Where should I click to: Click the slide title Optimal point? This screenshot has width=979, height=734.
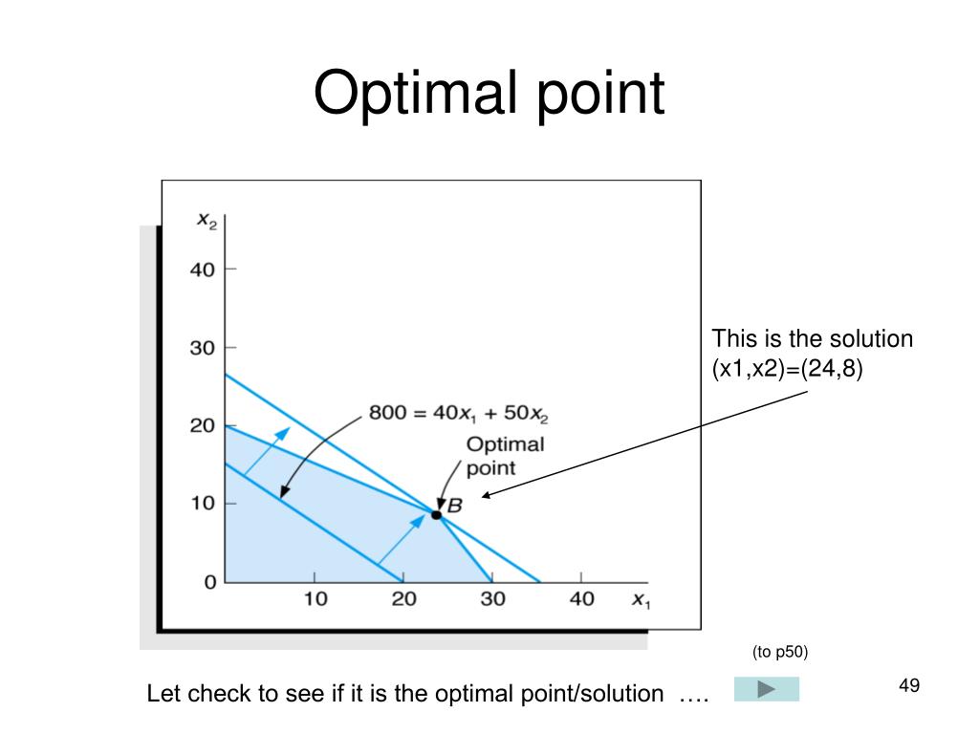click(x=489, y=95)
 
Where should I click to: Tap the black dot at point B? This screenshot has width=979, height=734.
click(x=436, y=514)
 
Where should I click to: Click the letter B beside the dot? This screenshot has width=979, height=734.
click(x=454, y=506)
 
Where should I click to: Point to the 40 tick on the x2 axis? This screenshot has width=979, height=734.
click(x=203, y=270)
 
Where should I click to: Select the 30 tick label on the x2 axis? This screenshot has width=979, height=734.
click(x=203, y=348)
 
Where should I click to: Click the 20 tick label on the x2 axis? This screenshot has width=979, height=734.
click(x=203, y=426)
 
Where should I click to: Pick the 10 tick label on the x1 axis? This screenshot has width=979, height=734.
click(x=315, y=599)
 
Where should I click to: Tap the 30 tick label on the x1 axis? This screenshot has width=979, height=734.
click(x=492, y=599)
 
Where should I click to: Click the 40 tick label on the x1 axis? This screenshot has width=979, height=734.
click(x=581, y=599)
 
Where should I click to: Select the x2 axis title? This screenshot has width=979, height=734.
click(x=207, y=220)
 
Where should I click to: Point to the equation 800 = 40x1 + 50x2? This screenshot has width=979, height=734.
click(x=459, y=416)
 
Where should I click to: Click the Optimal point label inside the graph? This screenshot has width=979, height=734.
click(x=504, y=456)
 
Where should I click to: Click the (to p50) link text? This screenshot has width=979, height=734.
click(x=780, y=653)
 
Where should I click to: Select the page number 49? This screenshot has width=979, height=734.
click(x=909, y=685)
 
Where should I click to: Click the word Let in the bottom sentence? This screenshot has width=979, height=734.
click(x=163, y=695)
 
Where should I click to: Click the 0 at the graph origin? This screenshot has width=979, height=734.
click(x=209, y=582)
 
